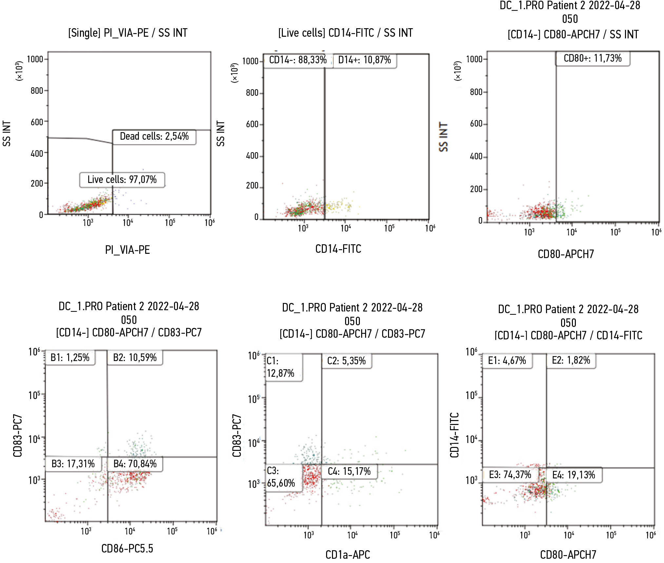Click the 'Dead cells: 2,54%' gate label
click(154, 136)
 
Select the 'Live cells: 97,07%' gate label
click(122, 180)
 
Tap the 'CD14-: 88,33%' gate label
click(298, 60)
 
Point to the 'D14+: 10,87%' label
click(364, 60)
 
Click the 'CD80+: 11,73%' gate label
click(593, 58)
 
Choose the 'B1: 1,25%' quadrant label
click(70, 357)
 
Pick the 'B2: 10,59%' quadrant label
click(135, 357)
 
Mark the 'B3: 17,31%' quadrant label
click(73, 464)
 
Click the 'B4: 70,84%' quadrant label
click(135, 464)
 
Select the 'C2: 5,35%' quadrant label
click(346, 361)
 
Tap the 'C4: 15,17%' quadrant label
click(349, 472)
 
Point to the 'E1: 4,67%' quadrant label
click(507, 361)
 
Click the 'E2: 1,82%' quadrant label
click(571, 360)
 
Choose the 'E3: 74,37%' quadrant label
click(510, 474)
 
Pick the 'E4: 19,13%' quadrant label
click(574, 475)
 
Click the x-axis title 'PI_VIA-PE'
click(127, 250)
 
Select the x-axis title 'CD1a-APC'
click(348, 554)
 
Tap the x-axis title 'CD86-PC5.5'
click(127, 548)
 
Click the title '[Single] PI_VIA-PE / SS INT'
click(128, 33)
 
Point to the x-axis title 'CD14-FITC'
click(338, 249)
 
